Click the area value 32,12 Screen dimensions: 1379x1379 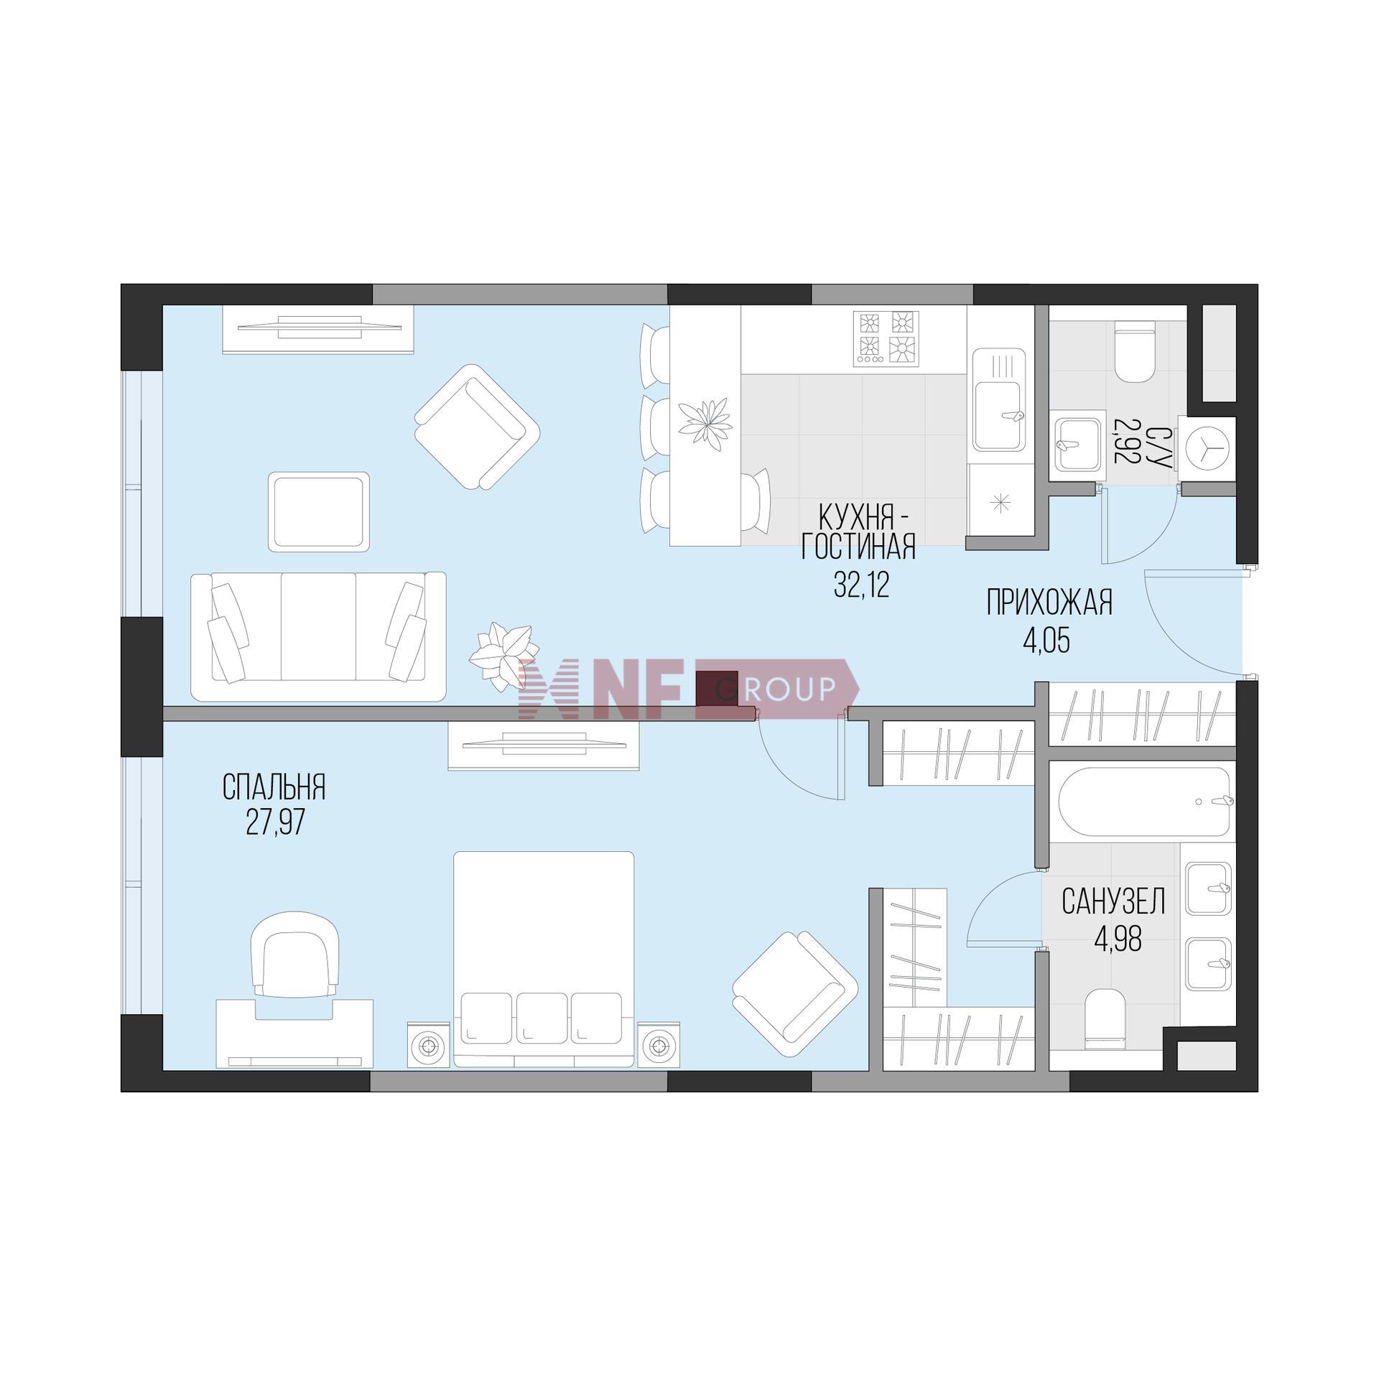click(861, 585)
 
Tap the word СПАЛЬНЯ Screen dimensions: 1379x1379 click(274, 787)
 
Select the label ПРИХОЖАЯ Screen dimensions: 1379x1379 click(1049, 603)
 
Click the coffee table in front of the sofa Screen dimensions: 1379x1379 click(319, 511)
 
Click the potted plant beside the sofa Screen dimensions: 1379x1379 click(501, 655)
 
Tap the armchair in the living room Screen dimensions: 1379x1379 click(477, 427)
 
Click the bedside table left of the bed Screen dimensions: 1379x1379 click(429, 1044)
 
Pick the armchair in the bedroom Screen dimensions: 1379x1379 click(795, 994)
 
